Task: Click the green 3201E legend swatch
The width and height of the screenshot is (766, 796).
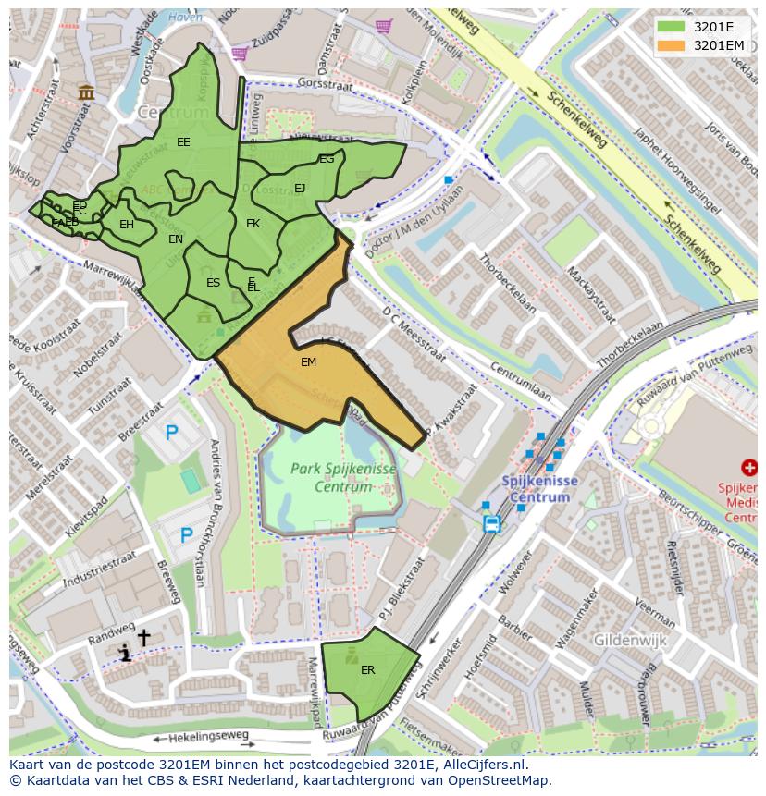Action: click(671, 27)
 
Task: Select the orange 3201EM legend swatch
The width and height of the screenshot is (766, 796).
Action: click(671, 45)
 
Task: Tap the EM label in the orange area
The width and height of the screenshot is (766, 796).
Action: click(308, 362)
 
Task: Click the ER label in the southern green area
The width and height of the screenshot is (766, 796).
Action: click(367, 670)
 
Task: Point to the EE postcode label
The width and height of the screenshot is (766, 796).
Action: click(183, 142)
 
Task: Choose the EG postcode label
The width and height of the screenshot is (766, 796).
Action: click(327, 160)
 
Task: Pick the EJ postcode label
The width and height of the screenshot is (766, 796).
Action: click(300, 189)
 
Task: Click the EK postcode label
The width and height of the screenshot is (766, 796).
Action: click(253, 224)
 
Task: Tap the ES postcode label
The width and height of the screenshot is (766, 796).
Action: click(213, 283)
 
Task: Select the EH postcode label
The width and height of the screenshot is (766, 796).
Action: click(127, 225)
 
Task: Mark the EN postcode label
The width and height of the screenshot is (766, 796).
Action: click(176, 239)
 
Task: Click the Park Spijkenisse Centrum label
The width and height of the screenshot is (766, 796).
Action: click(343, 477)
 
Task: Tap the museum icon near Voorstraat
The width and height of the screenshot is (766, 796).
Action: click(87, 92)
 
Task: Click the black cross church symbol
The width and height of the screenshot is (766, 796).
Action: click(143, 638)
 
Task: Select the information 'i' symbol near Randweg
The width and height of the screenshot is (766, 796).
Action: click(125, 655)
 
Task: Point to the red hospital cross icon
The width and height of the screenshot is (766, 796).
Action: click(749, 470)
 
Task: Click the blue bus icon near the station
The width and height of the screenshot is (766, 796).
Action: click(491, 524)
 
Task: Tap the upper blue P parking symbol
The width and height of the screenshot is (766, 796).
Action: click(171, 432)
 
